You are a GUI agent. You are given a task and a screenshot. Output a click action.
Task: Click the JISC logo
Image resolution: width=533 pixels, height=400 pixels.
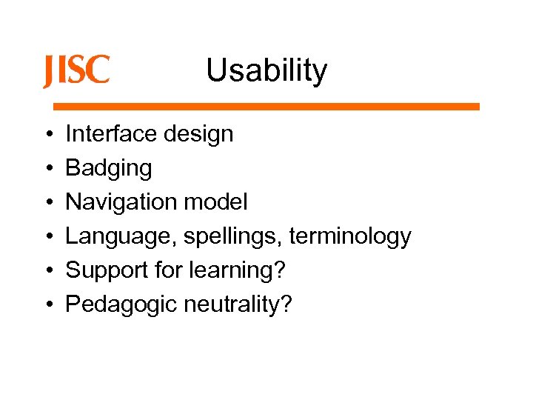[x=76, y=71]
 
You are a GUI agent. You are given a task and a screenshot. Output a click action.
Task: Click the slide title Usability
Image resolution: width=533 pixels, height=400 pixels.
[x=266, y=71]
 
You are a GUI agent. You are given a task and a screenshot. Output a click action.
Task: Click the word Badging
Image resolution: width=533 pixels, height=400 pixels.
[x=109, y=169]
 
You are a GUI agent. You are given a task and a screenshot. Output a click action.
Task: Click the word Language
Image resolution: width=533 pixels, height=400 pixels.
[x=121, y=237]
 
